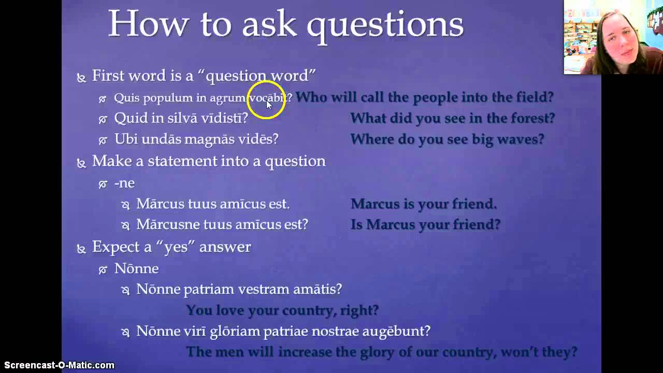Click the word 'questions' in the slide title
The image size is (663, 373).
tap(385, 24)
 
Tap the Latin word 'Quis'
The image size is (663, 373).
tap(127, 97)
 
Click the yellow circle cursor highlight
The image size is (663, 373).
tap(266, 99)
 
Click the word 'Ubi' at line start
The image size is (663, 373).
tap(125, 139)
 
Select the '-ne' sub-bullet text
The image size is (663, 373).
tap(124, 183)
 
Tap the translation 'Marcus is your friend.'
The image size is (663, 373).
tap(423, 204)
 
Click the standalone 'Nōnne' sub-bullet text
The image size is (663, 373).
tap(136, 268)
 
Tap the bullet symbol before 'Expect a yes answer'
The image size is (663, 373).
tap(81, 249)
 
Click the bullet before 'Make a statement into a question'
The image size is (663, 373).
tap(81, 163)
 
